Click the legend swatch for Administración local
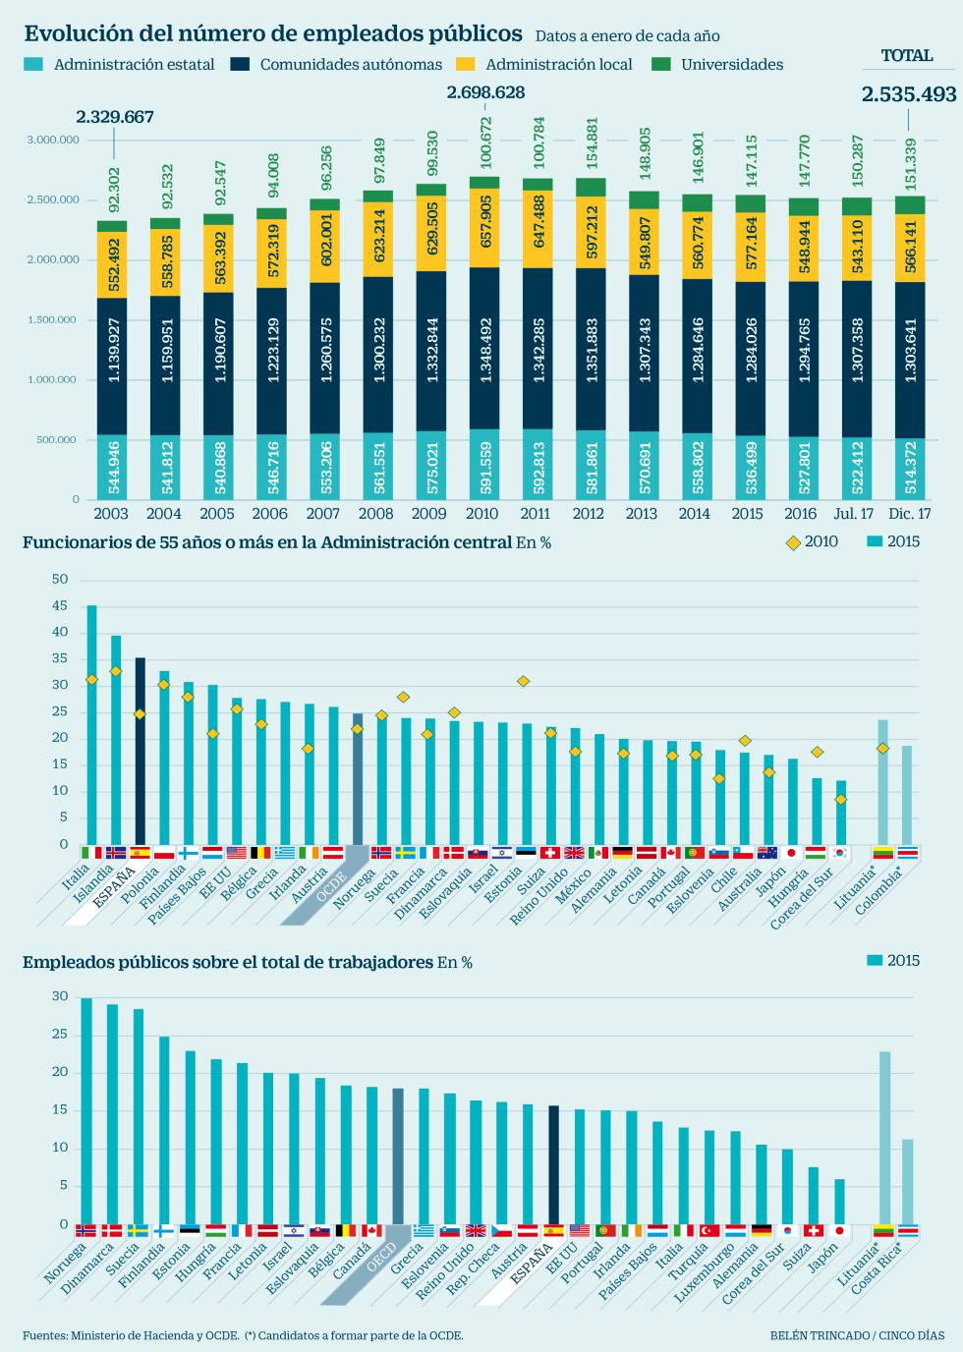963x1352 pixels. click(x=466, y=65)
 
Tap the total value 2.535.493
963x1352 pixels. click(x=908, y=94)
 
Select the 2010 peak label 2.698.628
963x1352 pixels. click(x=485, y=92)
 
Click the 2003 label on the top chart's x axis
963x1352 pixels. click(x=111, y=513)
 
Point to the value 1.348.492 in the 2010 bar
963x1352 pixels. click(x=483, y=350)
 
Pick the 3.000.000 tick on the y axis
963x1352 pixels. click(x=54, y=141)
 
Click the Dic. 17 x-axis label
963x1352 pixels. click(x=909, y=513)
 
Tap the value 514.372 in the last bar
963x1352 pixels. click(x=910, y=469)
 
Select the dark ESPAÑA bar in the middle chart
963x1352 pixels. click(x=140, y=751)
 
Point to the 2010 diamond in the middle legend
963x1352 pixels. click(x=793, y=542)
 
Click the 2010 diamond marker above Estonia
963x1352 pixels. click(x=524, y=681)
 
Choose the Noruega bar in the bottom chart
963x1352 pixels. click(x=86, y=1110)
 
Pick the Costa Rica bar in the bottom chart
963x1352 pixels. click(x=908, y=1181)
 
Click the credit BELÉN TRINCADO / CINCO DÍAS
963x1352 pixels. click(x=857, y=1335)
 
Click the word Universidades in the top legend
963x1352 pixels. click(x=732, y=65)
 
